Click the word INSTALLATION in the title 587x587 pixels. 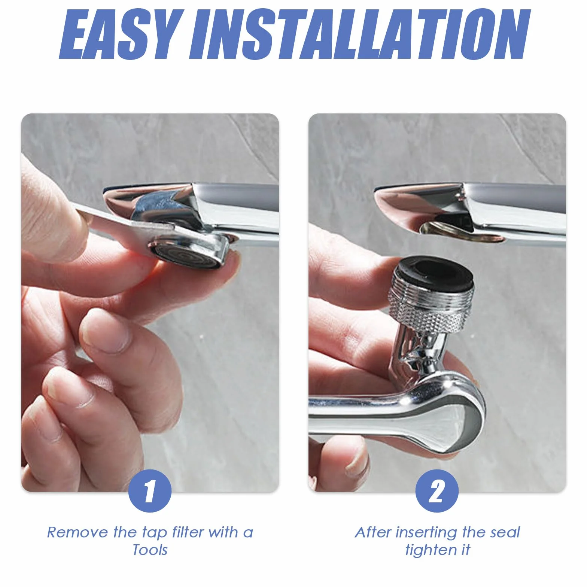(360, 34)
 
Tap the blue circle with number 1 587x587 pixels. (150, 491)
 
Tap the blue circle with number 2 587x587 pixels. (437, 491)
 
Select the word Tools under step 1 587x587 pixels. (150, 550)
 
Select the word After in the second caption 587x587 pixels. (373, 532)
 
